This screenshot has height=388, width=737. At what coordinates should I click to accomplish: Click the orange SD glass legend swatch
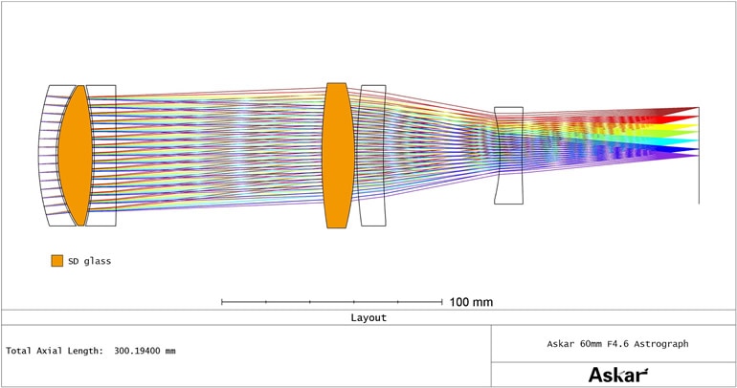56,261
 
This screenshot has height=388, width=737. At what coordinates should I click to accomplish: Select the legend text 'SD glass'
90,261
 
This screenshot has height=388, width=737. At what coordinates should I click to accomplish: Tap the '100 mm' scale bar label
471,302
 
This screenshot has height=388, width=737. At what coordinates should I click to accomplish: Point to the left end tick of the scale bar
222,302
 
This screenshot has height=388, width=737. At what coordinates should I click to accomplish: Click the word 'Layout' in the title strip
368,317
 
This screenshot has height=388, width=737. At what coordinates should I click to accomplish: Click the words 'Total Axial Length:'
55,351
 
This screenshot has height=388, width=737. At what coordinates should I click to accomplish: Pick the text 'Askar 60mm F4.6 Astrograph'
617,344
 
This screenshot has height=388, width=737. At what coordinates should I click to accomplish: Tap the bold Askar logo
617,375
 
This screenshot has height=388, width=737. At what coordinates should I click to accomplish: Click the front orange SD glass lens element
76,155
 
